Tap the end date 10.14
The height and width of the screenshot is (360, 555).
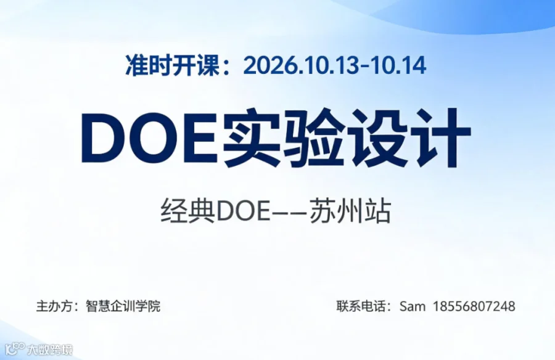tap(398, 66)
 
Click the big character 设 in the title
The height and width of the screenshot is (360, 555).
tap(377, 138)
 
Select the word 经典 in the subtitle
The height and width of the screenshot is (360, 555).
tap(188, 211)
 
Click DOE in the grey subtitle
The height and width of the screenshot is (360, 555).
tap(244, 211)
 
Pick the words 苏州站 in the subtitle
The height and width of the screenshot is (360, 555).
tap(350, 211)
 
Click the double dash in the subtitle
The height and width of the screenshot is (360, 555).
tap(290, 212)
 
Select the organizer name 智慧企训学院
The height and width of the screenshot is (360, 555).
tap(123, 306)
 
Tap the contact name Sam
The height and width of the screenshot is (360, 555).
tap(413, 306)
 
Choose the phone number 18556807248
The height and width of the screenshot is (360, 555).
tap(474, 306)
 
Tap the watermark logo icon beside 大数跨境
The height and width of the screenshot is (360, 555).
tap(15, 349)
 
